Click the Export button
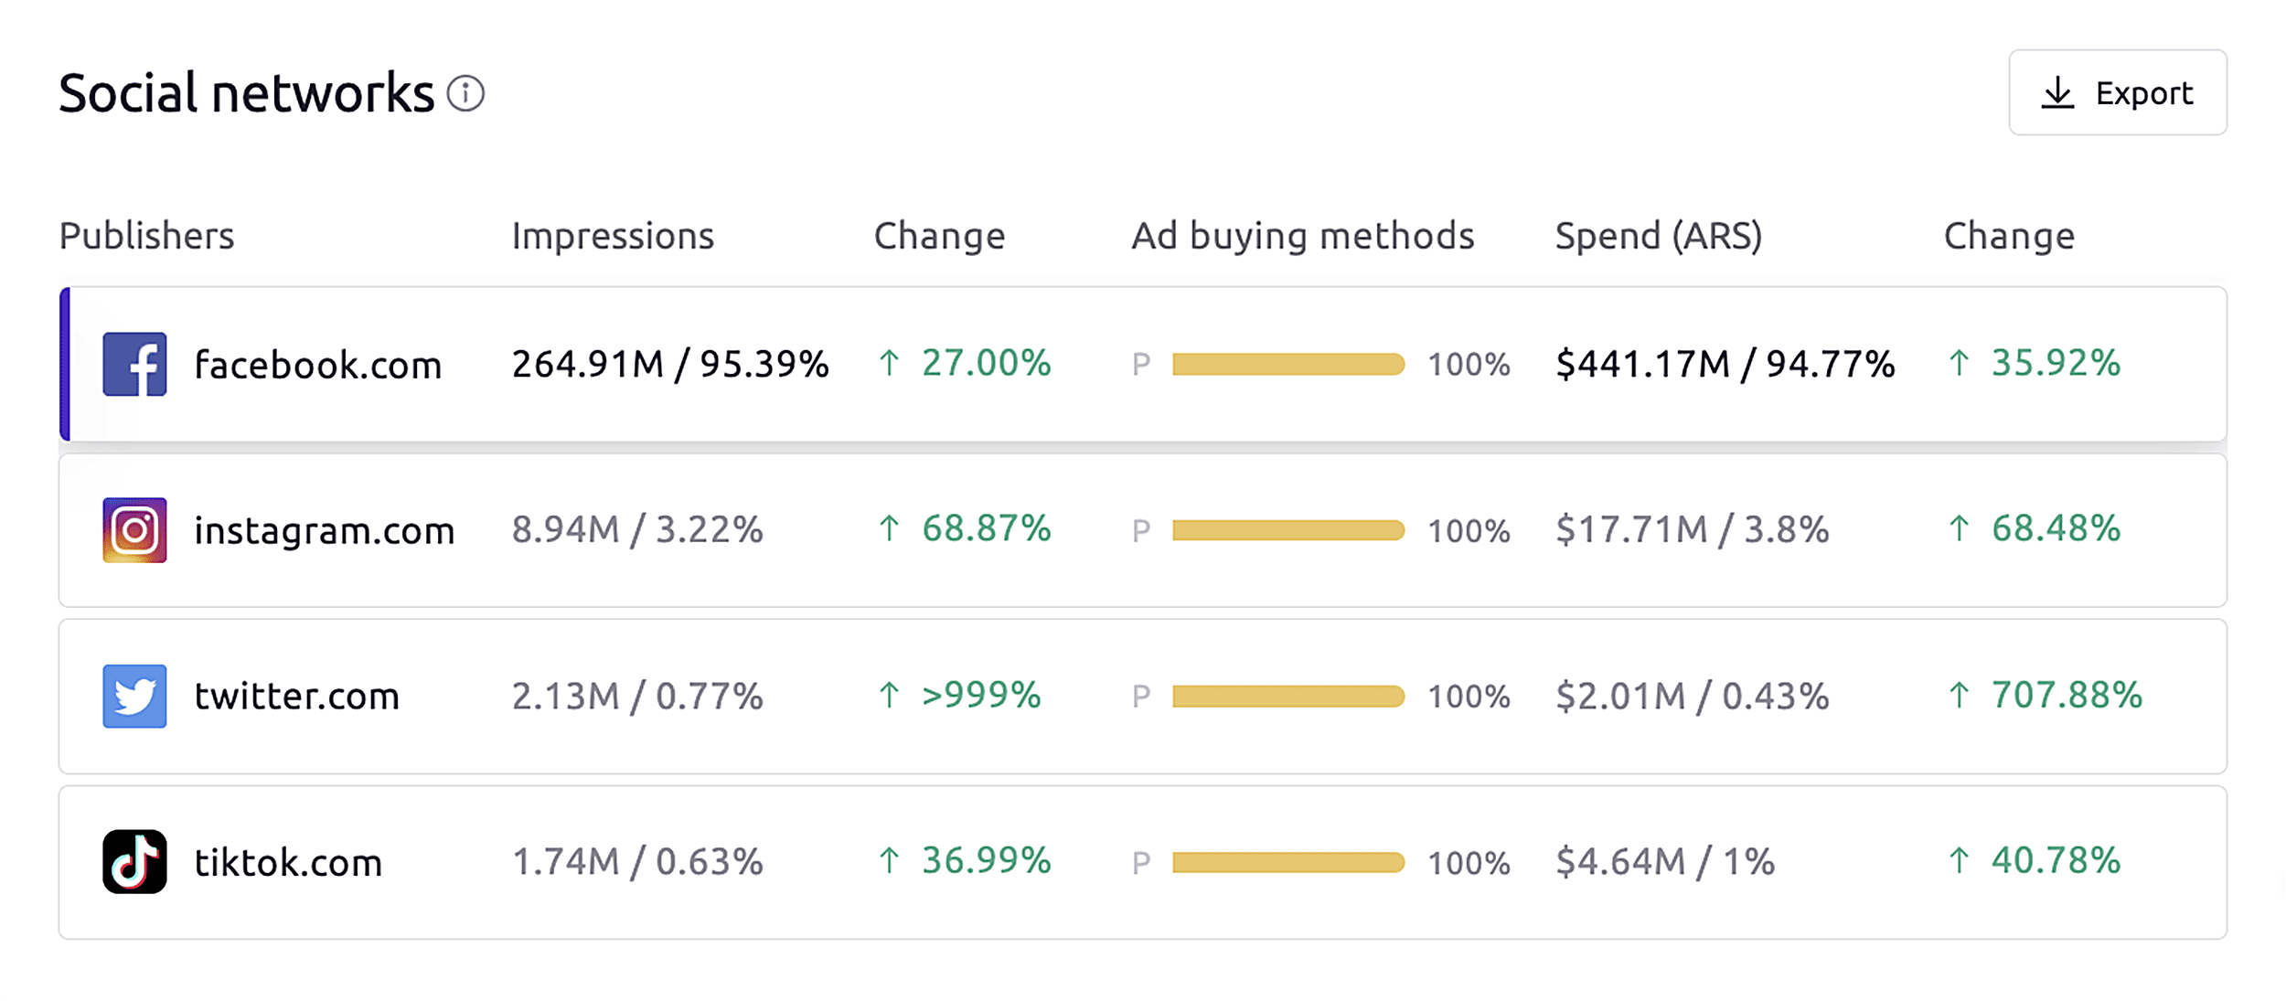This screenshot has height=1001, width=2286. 2117,92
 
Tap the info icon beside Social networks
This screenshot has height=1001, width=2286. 465,93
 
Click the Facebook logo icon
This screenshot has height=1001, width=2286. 134,364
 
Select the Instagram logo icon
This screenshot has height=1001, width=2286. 134,530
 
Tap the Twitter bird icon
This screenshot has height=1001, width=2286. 134,697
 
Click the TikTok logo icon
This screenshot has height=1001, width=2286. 134,862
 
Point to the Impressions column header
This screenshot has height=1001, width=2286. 612,236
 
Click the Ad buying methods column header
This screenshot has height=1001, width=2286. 1302,236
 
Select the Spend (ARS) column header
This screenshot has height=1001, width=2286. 1658,236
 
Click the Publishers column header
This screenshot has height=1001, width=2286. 146,236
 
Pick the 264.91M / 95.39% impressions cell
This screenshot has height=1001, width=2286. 669,364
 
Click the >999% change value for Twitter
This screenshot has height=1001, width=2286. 980,696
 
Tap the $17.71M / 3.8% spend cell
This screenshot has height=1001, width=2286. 1692,530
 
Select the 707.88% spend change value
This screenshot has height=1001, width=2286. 2066,696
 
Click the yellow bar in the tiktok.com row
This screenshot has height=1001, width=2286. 1287,862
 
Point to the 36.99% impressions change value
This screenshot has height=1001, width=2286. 986,861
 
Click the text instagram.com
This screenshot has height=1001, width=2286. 324,531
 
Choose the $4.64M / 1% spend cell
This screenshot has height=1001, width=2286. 1664,862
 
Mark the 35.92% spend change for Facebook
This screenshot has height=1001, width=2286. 2055,364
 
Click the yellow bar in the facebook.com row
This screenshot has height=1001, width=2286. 1287,365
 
